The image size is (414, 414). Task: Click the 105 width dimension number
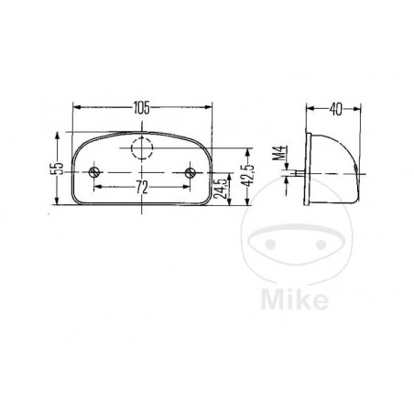pos(140,108)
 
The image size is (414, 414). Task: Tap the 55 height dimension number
pos(57,169)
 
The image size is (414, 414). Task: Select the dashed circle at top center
pos(142,148)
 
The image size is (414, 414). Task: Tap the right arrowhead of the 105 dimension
pos(209,107)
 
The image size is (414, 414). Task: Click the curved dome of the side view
pos(346,161)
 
